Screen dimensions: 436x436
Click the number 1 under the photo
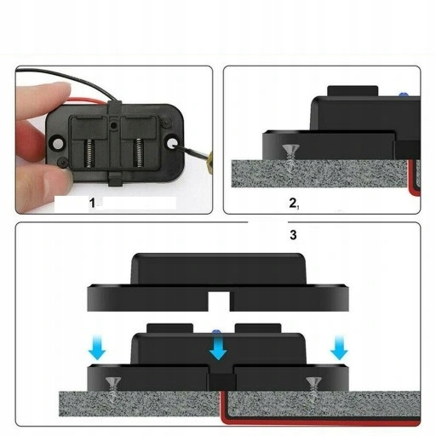[95, 204]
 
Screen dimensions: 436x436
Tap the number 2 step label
[293, 204]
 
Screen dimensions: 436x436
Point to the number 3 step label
[293, 236]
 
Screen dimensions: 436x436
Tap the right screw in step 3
[313, 384]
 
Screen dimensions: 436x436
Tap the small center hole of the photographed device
[114, 124]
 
